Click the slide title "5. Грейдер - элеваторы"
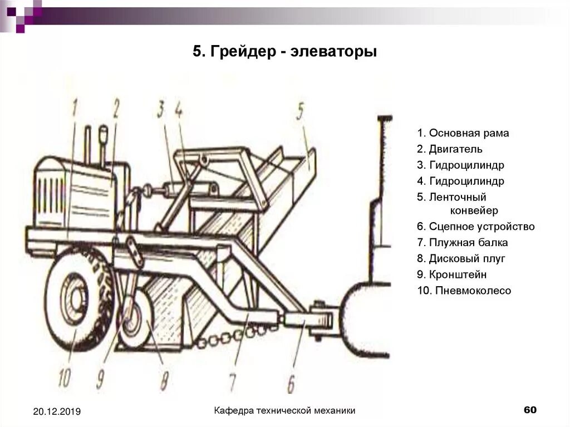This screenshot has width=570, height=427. pos(285,53)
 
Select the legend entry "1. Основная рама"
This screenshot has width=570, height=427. pos(463,134)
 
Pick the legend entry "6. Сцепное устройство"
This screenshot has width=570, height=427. pos(475,227)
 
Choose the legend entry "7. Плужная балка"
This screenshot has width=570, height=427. pos(462,243)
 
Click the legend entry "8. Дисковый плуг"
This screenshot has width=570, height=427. pos(461,258)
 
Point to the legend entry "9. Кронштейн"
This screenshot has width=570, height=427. pos(451,274)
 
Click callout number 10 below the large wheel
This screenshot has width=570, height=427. pos(64,379)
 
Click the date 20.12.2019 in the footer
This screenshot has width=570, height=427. pos(57,411)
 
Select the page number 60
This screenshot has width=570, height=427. pos(530,410)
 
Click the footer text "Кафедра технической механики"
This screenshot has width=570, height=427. pos(285,411)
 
